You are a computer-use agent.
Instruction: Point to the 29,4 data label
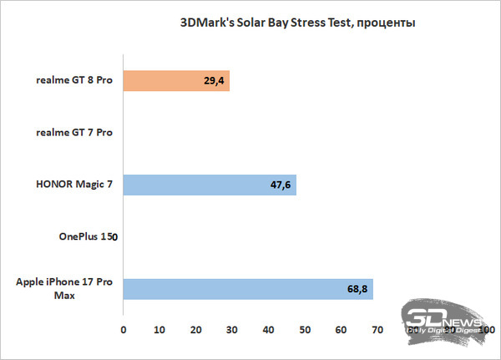point(214,81)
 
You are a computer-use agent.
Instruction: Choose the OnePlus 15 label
point(81,237)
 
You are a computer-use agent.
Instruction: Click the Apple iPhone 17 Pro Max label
point(65,289)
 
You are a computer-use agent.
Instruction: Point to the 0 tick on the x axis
point(124,332)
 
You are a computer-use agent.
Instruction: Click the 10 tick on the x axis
point(159,332)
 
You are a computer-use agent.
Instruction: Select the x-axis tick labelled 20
point(196,332)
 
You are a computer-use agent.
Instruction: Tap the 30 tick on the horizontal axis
point(232,332)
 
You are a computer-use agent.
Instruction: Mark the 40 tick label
point(269,332)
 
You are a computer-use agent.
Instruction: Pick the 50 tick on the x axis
point(305,332)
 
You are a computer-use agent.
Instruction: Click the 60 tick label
point(342,332)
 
